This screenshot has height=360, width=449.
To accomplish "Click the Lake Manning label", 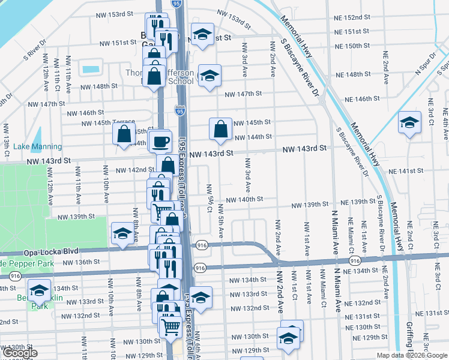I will point(37,146).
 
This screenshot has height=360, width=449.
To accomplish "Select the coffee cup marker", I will point(160,142).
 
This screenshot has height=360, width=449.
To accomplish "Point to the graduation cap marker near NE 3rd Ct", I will point(409,123).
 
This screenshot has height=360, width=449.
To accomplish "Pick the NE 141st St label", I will point(406,171).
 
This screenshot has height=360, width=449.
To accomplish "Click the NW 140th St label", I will point(244,199).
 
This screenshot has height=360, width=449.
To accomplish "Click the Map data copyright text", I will point(412,355).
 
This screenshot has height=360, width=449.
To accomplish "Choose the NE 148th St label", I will point(354,74).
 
